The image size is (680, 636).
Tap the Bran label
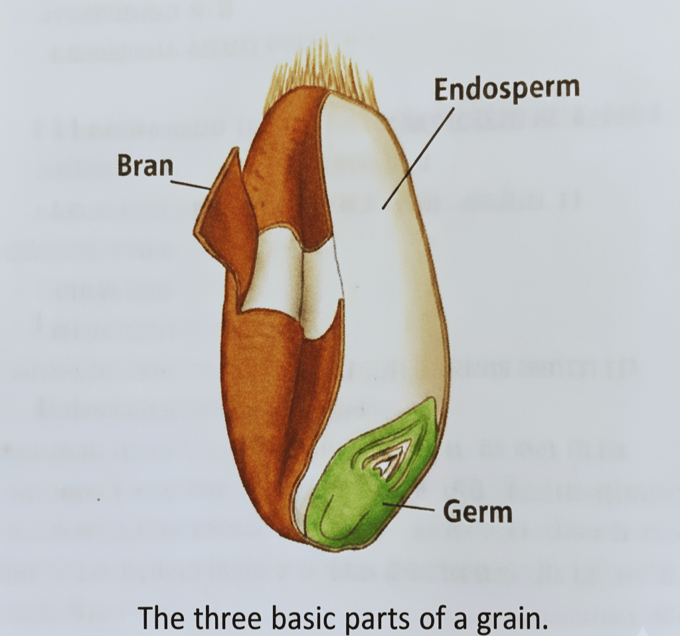(145, 166)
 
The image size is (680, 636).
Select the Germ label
(477, 512)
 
